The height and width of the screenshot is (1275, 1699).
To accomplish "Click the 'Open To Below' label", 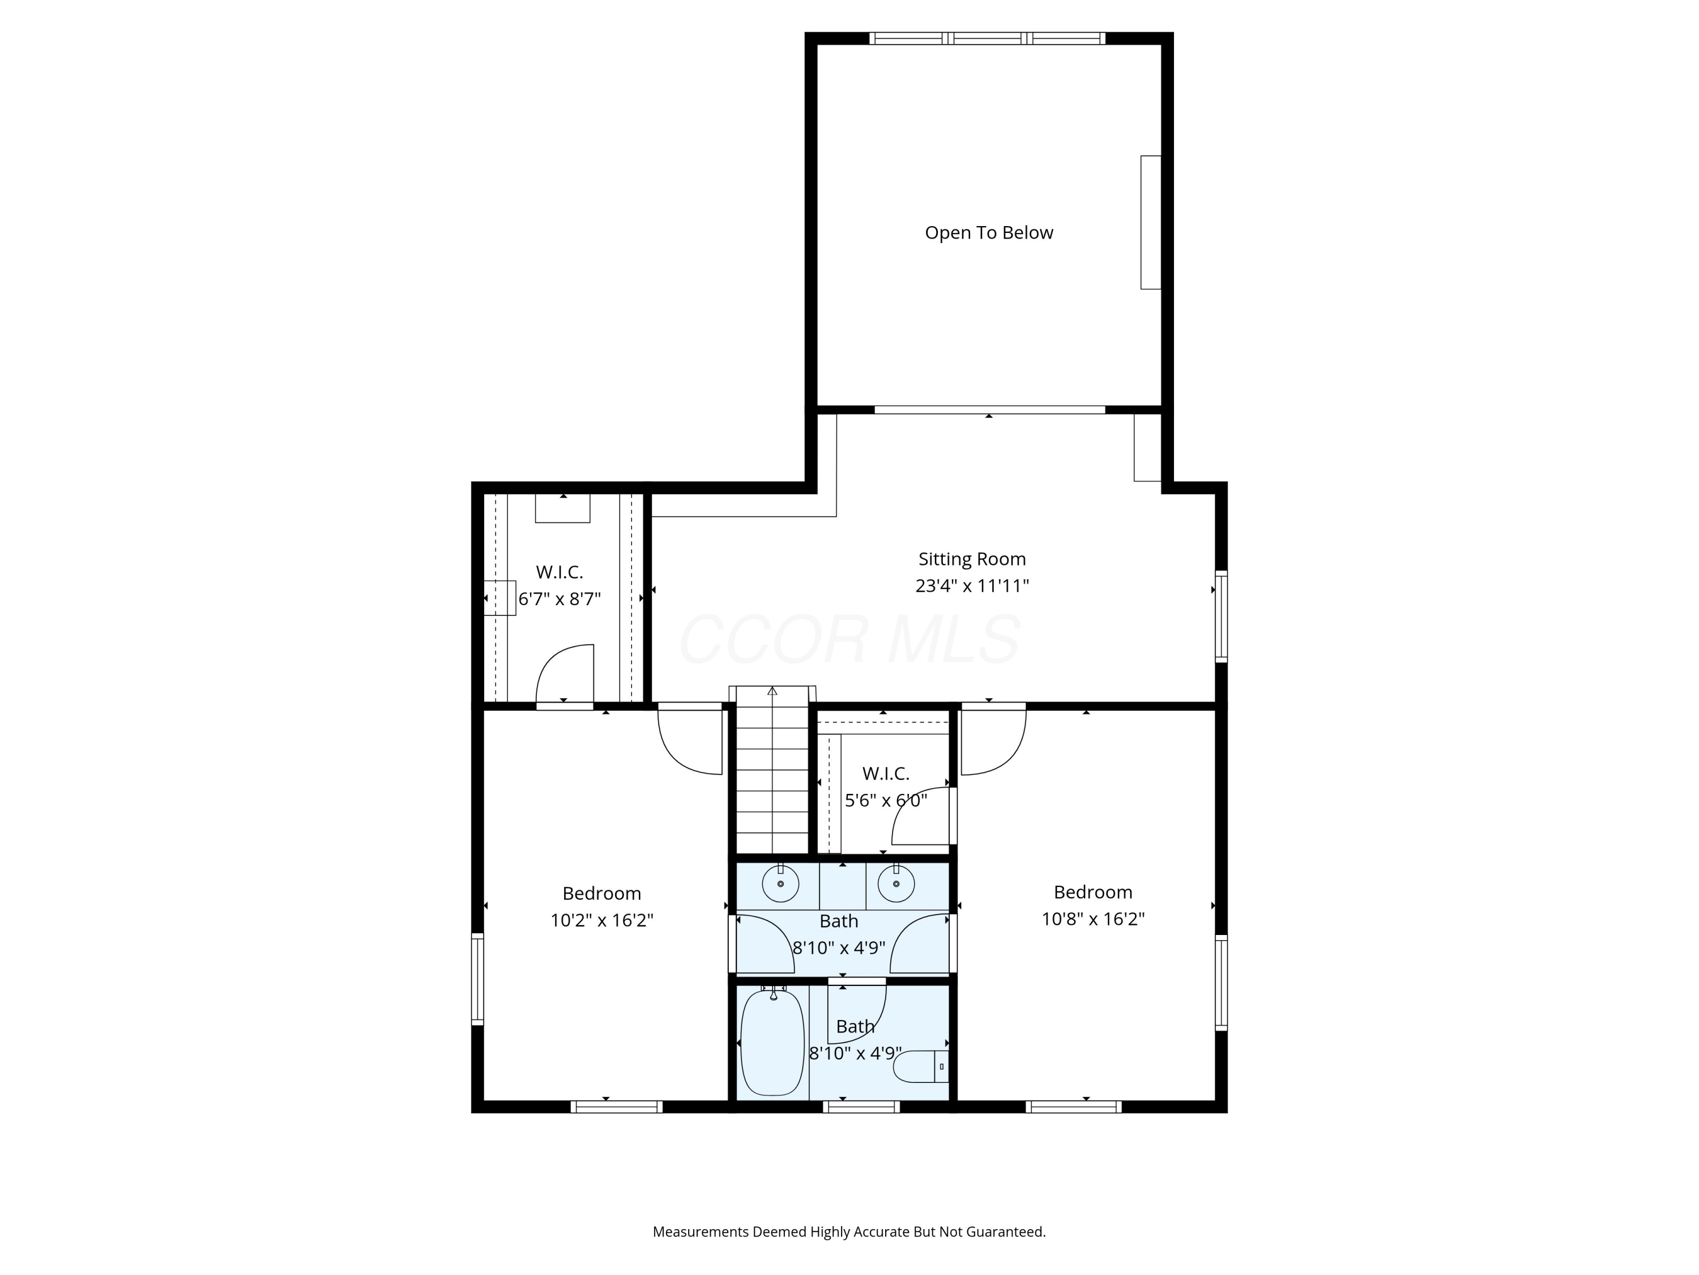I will coord(988,233).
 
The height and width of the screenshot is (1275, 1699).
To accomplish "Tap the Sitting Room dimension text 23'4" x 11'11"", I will coord(972,585).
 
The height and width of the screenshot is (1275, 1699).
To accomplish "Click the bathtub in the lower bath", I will coord(772,1042).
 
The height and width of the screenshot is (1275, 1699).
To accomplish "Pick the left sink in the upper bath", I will coord(780,884).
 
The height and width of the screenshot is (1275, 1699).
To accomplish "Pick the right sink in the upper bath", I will coord(895,884).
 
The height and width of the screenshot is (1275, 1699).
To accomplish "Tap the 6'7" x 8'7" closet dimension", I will coord(559,599).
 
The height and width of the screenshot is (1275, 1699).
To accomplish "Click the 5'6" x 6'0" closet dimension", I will coord(886,800).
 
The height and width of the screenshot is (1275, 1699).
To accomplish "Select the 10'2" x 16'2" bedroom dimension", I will coord(601,920).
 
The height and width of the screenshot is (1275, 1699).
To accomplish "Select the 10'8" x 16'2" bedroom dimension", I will coord(1092,919).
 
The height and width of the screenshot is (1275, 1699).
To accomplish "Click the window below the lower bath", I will coord(861,1107).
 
